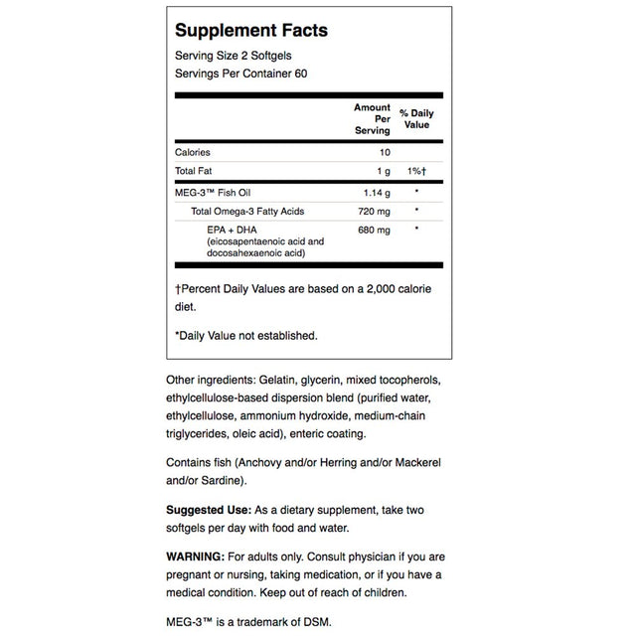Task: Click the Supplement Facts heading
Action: pyautogui.click(x=250, y=31)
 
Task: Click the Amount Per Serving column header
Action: pyautogui.click(x=374, y=118)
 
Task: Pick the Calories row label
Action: pyautogui.click(x=193, y=152)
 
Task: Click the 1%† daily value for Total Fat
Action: pyautogui.click(x=415, y=171)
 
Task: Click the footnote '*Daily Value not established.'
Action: pyautogui.click(x=246, y=335)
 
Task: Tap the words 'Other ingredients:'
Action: pyautogui.click(x=212, y=382)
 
